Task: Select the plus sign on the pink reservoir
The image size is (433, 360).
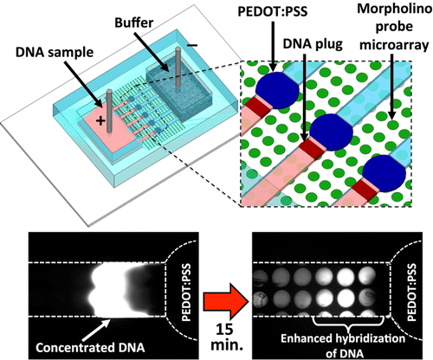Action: pyautogui.click(x=101, y=121)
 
